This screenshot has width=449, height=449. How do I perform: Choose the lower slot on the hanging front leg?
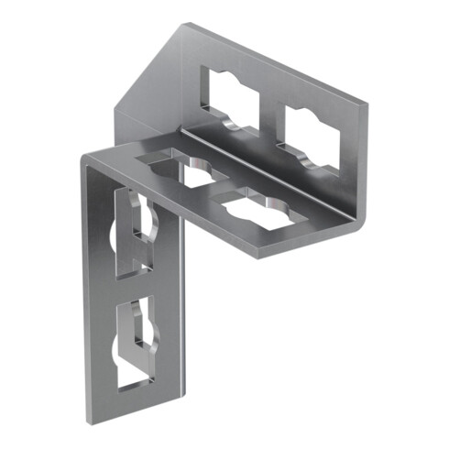click(x=135, y=338)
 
